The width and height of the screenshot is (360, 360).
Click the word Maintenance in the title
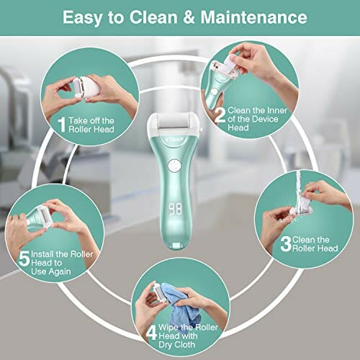click(253, 17)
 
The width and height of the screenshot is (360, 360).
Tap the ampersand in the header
click(189, 17)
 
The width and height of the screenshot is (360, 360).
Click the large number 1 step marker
click(62, 125)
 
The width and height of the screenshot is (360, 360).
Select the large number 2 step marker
click(220, 114)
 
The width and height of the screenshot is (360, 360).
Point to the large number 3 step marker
click(286, 243)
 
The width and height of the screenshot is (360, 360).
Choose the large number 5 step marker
click(24, 258)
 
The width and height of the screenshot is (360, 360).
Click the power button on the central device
click(174, 166)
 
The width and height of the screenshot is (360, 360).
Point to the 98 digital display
click(175, 209)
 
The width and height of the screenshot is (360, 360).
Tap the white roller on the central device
click(174, 122)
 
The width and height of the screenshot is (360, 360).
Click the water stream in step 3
click(299, 189)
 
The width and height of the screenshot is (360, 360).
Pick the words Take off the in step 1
click(91, 120)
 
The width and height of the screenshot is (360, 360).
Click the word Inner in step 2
click(276, 110)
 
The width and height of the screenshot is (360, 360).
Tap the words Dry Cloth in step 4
click(176, 345)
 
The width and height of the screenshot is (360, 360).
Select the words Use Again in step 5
click(51, 271)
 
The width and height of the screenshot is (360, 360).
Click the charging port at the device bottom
click(176, 246)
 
